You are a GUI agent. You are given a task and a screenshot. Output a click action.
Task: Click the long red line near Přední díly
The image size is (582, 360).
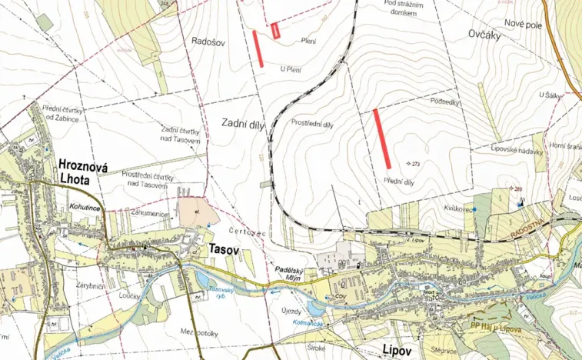click(x=381, y=138)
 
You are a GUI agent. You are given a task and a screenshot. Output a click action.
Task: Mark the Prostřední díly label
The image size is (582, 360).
click(x=312, y=123)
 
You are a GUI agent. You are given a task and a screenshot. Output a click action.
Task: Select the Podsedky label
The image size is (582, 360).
click(x=445, y=102)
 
